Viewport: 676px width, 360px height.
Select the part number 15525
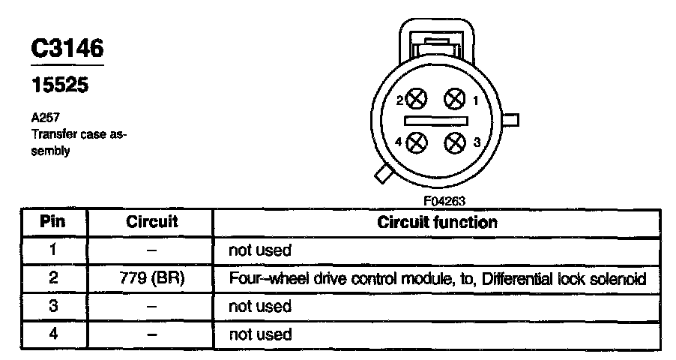tap(59, 85)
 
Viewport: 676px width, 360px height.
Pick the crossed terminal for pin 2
tap(417, 99)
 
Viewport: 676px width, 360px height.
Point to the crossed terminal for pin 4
tap(417, 141)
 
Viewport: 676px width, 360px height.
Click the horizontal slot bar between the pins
tap(435, 120)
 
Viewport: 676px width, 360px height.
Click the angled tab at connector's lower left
tap(384, 175)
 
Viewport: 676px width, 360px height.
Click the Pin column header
tap(52, 222)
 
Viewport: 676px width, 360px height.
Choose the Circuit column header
tap(151, 222)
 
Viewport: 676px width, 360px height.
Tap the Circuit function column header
tap(437, 222)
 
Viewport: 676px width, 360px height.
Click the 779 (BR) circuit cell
tap(151, 278)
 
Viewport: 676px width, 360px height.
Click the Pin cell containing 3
tap(52, 306)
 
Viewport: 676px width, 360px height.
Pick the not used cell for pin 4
tap(259, 334)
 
